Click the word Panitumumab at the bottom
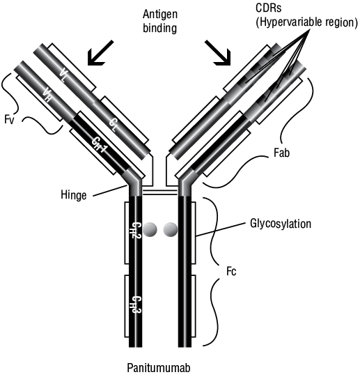(159, 368)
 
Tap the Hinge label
(74, 194)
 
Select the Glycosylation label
(281, 224)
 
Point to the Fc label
(231, 272)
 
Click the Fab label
(281, 153)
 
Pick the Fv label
(10, 119)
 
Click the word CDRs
(269, 8)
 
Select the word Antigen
(160, 15)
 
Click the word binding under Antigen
(160, 28)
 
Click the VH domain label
(46, 95)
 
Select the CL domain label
(114, 125)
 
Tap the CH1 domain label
(100, 145)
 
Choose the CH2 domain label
(136, 230)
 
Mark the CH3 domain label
(136, 305)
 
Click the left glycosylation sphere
(150, 229)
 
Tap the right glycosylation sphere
(171, 229)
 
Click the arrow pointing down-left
(100, 53)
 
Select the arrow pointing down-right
(218, 53)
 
